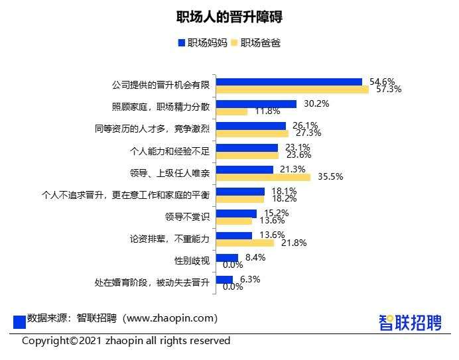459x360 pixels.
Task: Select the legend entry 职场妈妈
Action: tap(203, 43)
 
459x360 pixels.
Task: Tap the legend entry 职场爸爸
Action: tap(255, 43)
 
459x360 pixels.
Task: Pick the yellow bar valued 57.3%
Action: tap(293, 90)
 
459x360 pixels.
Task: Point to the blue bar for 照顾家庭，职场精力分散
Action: tap(256, 103)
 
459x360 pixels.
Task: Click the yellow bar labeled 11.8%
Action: tap(231, 111)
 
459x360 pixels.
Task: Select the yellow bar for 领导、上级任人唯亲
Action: tap(263, 177)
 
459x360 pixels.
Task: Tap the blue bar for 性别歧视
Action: tap(227, 257)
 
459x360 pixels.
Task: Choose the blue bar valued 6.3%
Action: tap(225, 279)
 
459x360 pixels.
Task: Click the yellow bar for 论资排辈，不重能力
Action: tap(245, 243)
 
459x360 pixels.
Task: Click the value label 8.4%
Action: tap(255, 257)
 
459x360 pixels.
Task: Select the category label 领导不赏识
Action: tap(187, 217)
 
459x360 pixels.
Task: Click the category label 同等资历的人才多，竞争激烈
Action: tap(153, 129)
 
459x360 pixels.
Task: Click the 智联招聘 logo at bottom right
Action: tap(409, 322)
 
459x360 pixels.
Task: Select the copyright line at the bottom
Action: tap(126, 341)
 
